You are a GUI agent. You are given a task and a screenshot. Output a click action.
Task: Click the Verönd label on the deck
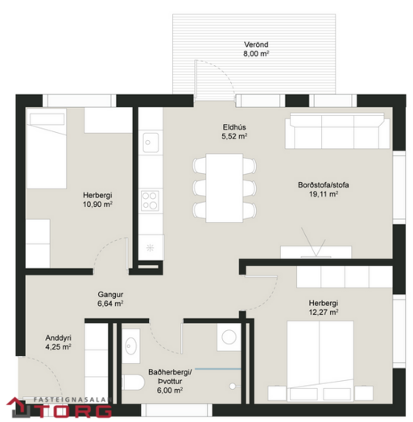(x=256, y=44)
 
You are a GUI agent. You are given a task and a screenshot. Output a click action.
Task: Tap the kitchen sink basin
(x=151, y=143)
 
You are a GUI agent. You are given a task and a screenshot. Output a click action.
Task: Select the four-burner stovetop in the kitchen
(x=150, y=201)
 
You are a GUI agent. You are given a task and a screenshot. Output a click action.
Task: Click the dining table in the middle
(x=224, y=188)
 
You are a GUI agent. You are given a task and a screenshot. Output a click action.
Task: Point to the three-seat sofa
(x=337, y=130)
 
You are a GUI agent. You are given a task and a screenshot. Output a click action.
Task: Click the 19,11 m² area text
(x=324, y=194)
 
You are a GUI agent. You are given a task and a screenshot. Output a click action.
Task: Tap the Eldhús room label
(x=234, y=127)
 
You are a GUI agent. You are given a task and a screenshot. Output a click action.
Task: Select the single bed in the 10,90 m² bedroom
(x=47, y=148)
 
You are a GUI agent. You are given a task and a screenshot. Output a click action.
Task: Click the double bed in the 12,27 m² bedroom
(x=320, y=361)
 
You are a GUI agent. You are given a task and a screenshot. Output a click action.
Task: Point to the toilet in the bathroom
(x=133, y=383)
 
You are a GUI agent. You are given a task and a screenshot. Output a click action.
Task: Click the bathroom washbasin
(x=131, y=345)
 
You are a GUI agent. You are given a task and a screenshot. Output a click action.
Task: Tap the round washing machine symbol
(x=229, y=337)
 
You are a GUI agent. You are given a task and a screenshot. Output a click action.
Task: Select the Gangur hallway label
(x=110, y=295)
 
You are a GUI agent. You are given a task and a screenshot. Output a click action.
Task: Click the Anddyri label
(x=58, y=337)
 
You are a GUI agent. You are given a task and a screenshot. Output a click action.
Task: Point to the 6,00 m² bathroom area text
(x=170, y=391)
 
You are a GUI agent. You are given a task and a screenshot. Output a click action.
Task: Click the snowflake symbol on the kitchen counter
(x=150, y=247)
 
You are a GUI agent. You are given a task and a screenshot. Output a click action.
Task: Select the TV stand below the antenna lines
(x=316, y=252)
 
